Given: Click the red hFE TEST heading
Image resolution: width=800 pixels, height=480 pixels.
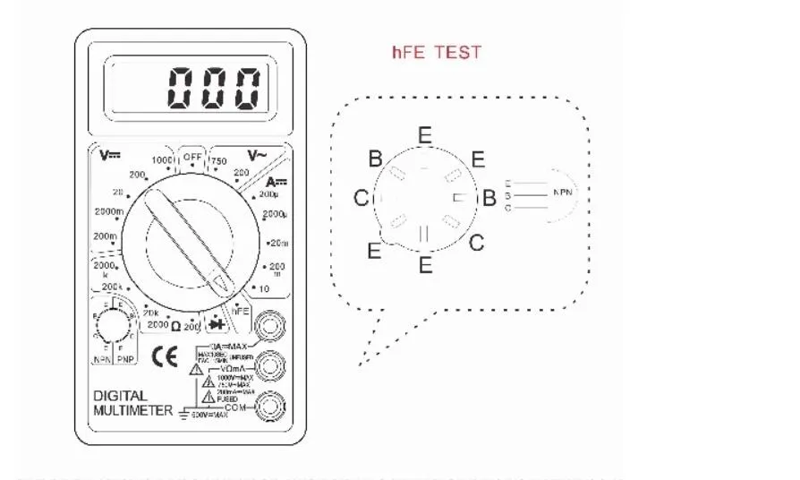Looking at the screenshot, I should [436, 52].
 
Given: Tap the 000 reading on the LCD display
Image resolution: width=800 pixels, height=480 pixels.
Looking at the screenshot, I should [215, 88].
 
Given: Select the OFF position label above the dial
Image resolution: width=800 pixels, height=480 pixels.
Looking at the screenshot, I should [191, 156].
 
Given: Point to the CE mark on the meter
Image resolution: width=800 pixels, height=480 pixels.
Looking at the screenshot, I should [165, 356].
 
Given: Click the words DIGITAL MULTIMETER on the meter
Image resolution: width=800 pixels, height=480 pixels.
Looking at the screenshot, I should [133, 403].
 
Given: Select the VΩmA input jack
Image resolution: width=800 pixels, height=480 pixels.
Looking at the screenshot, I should [271, 365].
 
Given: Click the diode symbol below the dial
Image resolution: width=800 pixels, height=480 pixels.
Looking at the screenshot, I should [216, 323].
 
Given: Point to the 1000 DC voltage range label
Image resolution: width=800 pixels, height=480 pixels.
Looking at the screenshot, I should [162, 160].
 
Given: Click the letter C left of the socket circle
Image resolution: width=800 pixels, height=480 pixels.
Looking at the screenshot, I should [361, 198].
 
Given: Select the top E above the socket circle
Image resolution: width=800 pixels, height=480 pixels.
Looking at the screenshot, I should [424, 135].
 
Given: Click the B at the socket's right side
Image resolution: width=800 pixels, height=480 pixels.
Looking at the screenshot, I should [489, 198].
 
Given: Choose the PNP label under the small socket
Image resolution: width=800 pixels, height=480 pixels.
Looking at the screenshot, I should [127, 359].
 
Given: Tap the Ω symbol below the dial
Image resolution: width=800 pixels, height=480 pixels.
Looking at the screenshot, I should [175, 326].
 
